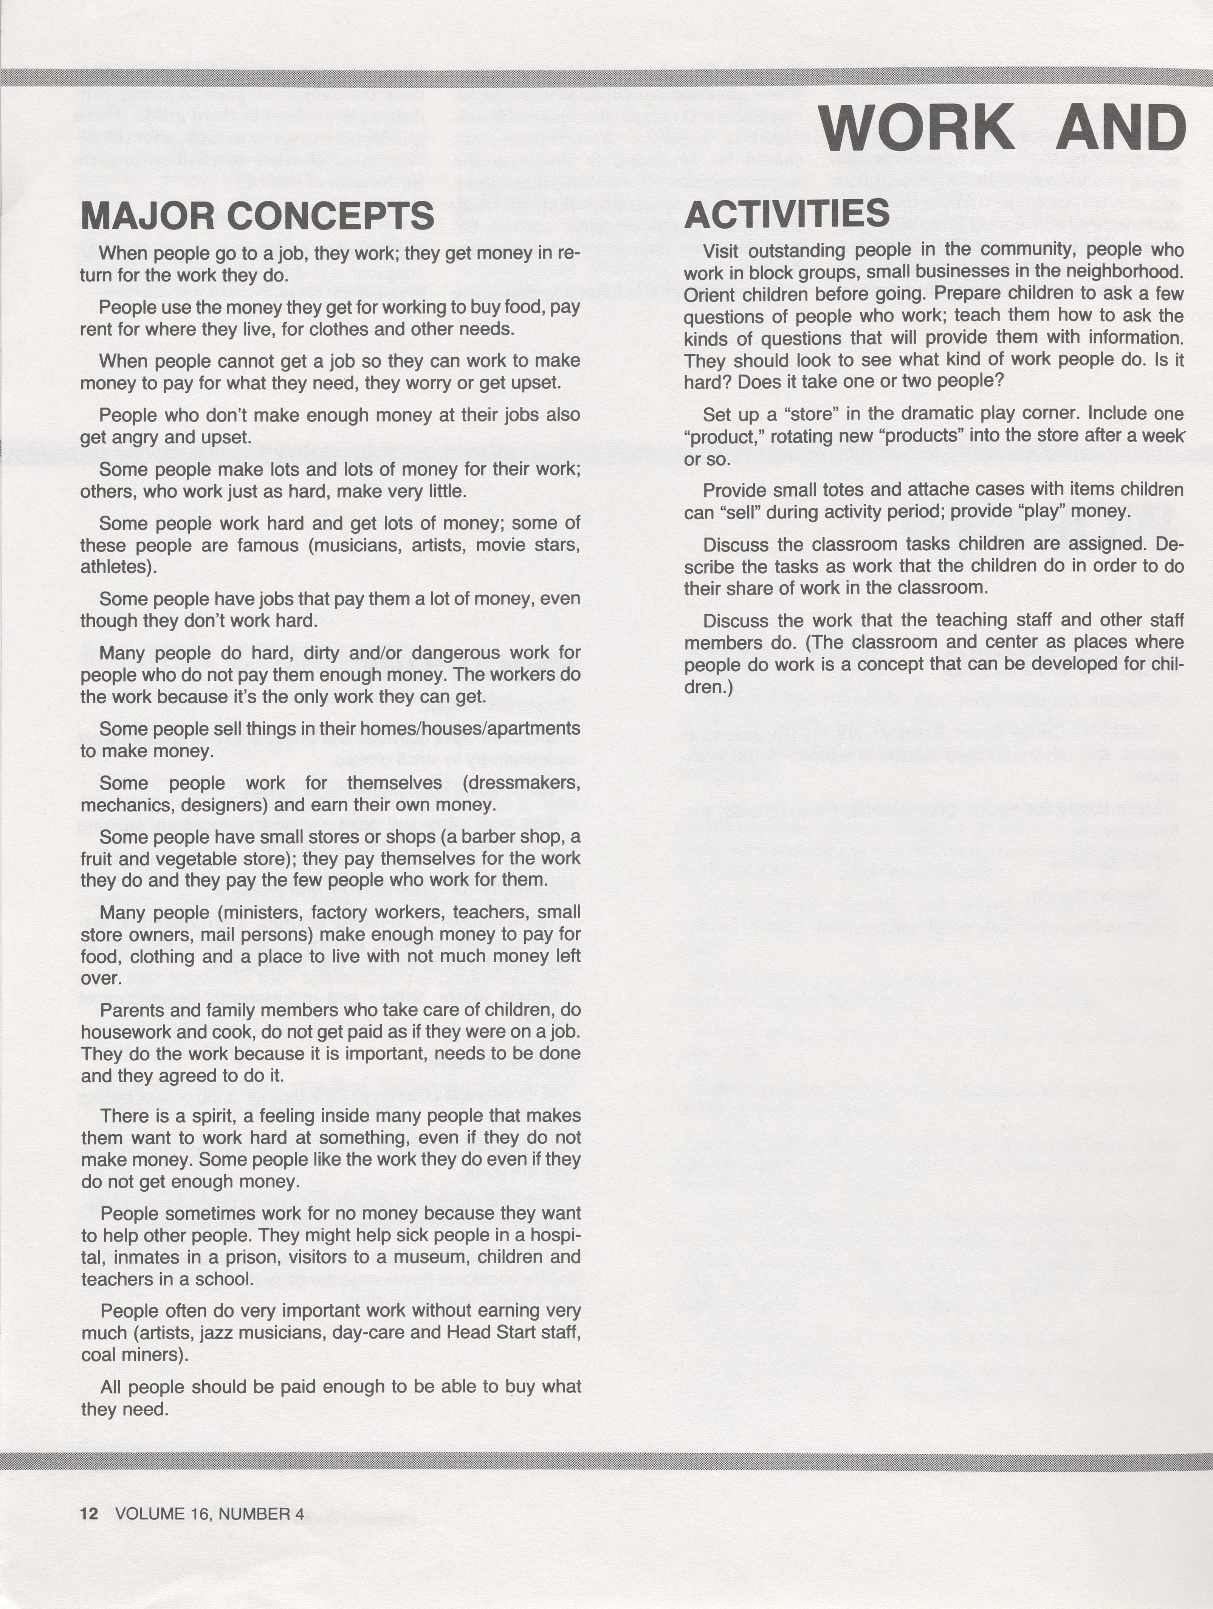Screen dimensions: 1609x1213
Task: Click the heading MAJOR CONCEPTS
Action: coord(257,216)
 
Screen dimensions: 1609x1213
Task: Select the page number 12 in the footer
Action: coord(89,1514)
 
